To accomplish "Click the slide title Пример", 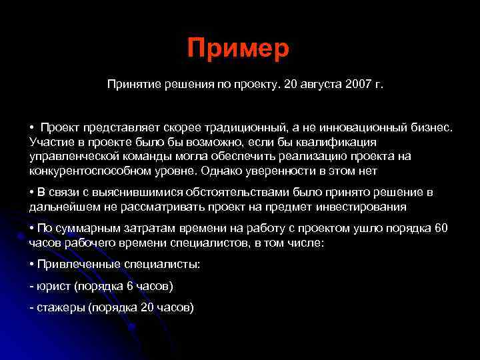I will (238, 48).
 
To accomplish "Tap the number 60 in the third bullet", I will (441, 229).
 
